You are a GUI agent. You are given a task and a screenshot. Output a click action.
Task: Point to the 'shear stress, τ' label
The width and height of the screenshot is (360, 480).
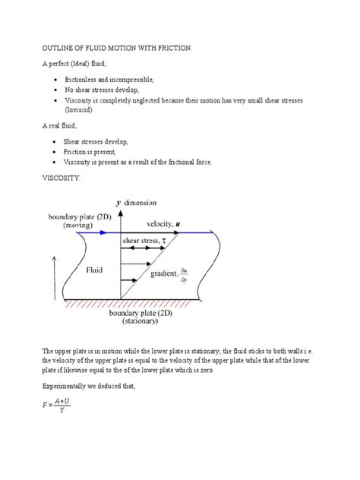(x=150, y=241)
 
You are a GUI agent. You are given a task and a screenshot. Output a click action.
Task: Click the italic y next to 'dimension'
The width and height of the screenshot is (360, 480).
(x=118, y=203)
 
